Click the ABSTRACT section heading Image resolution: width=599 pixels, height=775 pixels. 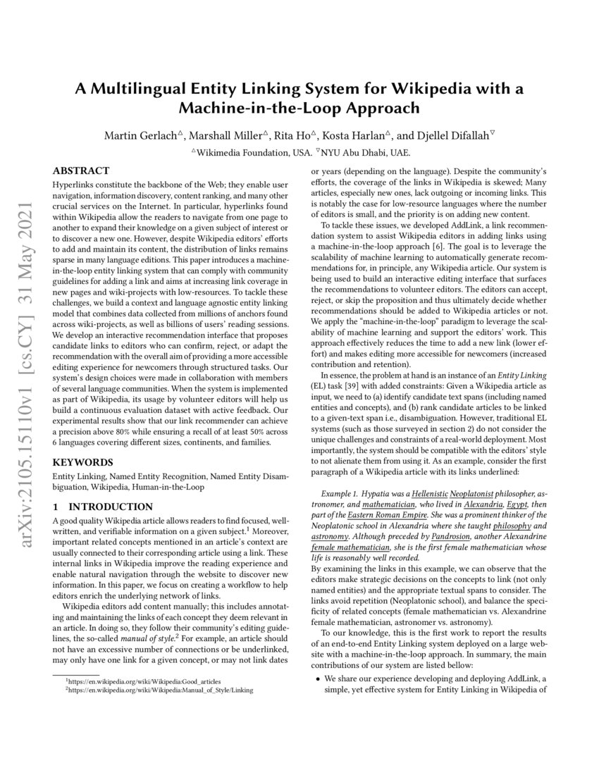point(82,170)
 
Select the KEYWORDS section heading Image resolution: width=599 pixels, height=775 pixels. point(82,463)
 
